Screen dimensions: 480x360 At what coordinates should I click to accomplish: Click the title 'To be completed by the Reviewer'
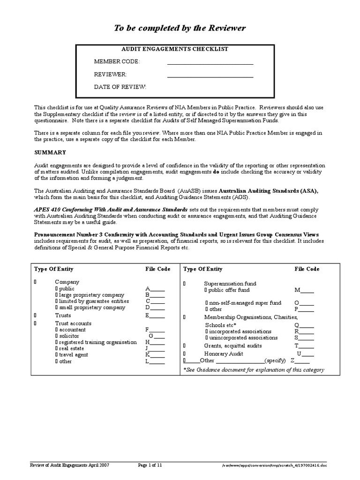(180, 29)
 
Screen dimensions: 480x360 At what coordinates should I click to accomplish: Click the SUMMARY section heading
(50, 152)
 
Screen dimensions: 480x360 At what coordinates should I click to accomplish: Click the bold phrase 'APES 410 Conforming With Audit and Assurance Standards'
(111, 209)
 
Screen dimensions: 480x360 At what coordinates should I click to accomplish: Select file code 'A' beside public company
(155, 289)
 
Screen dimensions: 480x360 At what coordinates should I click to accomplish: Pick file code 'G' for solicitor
(157, 336)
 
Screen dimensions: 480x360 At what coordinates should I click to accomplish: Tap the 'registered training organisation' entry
(98, 342)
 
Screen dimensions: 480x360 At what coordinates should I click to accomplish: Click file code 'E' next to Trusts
(155, 315)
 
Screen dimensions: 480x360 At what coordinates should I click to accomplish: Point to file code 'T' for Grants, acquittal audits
(304, 345)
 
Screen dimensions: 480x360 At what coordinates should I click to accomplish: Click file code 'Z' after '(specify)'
(300, 360)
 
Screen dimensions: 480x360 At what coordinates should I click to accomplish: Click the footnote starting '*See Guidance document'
(253, 370)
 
